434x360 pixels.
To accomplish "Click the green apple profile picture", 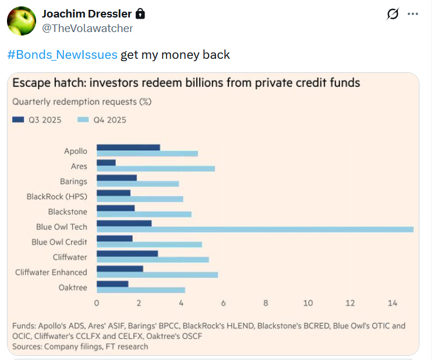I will [x=22, y=22].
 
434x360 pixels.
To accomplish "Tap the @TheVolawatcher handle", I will [x=87, y=28].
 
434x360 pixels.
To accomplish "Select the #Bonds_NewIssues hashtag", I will [x=63, y=55].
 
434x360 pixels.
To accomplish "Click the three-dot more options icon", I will [x=413, y=13].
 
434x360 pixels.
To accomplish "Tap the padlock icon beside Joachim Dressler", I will [x=140, y=13].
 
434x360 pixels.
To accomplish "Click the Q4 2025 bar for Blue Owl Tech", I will [x=255, y=230].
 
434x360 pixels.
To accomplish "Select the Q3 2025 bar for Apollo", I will [x=128, y=147].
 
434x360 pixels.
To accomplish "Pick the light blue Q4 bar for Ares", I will [x=156, y=169].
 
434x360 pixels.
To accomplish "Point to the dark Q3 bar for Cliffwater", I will [x=127, y=253].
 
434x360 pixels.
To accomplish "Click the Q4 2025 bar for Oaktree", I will [x=140, y=290].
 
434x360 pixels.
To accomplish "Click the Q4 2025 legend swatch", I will [x=83, y=120].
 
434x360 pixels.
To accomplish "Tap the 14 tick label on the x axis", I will [x=392, y=303].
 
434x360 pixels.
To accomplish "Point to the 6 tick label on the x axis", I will [x=223, y=303].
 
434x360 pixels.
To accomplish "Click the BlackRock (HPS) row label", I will [x=57, y=197].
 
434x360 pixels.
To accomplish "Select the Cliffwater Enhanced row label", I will [x=51, y=272].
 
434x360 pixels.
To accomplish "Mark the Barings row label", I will [x=73, y=182].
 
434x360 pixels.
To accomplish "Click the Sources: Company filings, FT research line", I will [x=80, y=347].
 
